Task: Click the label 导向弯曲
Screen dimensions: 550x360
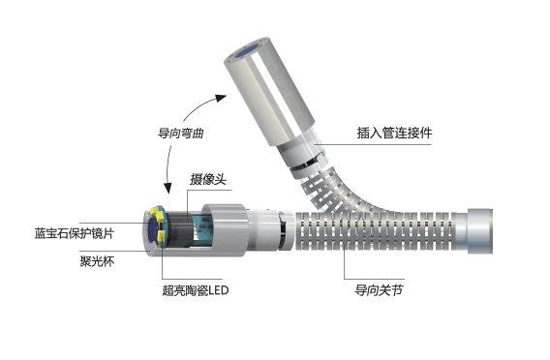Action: point(181,134)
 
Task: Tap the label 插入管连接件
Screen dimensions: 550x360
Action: point(394,133)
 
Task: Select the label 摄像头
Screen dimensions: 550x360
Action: point(208,179)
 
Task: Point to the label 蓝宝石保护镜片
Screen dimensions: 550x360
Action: point(75,233)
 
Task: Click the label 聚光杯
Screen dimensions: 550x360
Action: point(97,261)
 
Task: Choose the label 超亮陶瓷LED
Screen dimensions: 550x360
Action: point(196,290)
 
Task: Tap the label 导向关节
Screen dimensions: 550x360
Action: point(379,290)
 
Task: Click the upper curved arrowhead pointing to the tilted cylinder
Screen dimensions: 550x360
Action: point(222,98)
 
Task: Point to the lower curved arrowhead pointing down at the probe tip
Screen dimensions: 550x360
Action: point(168,188)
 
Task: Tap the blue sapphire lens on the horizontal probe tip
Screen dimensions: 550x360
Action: point(152,229)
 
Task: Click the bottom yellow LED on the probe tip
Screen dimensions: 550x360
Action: point(161,236)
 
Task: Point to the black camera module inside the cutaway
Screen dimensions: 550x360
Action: point(179,229)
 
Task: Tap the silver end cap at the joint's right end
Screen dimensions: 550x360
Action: point(479,231)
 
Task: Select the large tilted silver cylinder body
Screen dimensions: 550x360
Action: point(269,91)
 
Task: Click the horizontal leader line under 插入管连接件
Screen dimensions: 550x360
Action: point(373,144)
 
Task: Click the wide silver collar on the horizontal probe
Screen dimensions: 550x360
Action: point(225,231)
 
